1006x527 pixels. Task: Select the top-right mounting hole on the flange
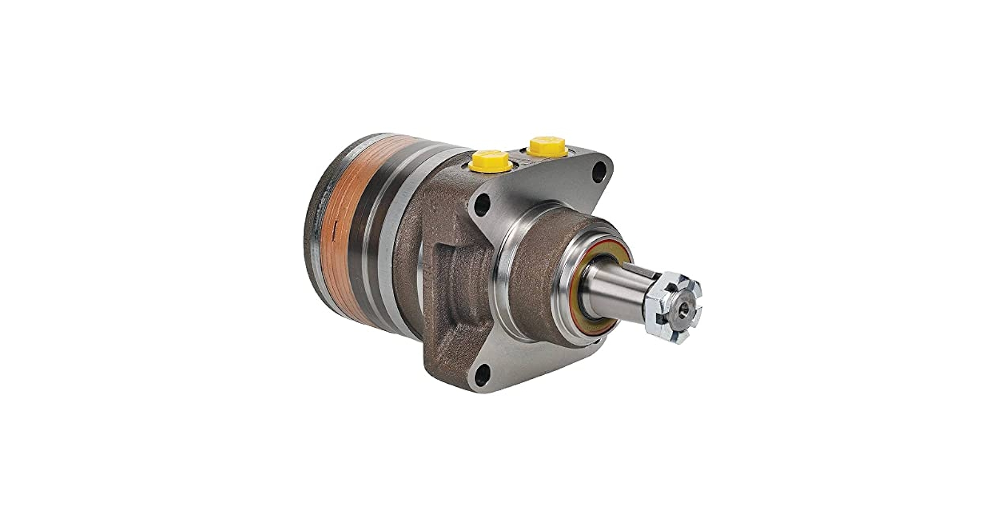600,172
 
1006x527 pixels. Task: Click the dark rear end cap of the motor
315,221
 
